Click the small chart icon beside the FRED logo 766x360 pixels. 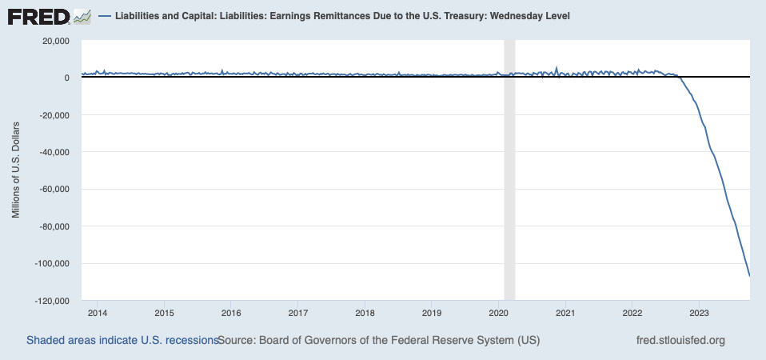pos(82,16)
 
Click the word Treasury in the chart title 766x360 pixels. pos(453,16)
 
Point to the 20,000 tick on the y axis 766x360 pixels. pos(54,41)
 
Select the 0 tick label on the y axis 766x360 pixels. pos(66,78)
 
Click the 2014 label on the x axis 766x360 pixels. pos(97,312)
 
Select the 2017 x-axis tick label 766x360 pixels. pos(297,312)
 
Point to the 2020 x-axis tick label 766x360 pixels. pos(498,312)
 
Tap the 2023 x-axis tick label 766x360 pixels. pos(699,312)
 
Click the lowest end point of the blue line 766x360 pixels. pos(749,275)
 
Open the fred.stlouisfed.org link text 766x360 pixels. pos(680,340)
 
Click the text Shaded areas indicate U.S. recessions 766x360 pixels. pos(122,340)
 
